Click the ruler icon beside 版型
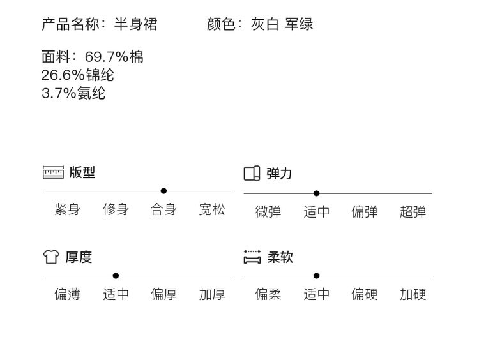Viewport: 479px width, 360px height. point(53,173)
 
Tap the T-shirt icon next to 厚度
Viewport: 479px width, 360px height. point(51,257)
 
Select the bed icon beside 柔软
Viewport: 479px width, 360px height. point(252,257)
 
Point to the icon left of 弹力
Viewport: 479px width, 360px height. point(252,173)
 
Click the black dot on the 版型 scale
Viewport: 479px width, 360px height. point(163,191)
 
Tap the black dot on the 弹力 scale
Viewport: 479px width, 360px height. point(316,193)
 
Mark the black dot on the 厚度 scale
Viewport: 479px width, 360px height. point(116,276)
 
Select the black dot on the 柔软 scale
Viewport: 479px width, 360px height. point(316,276)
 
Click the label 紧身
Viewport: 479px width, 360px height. point(68,210)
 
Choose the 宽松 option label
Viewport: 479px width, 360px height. point(212,210)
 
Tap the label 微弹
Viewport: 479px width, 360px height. point(268,212)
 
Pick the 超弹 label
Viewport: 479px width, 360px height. point(413,212)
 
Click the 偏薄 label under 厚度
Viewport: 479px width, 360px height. point(68,294)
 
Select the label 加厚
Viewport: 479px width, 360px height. point(212,294)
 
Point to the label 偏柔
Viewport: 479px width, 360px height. point(268,294)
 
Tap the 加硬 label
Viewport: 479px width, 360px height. point(413,294)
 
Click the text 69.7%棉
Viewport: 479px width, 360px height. point(114,57)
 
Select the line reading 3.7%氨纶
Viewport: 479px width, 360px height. point(73,93)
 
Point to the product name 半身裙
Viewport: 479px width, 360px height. point(135,25)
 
